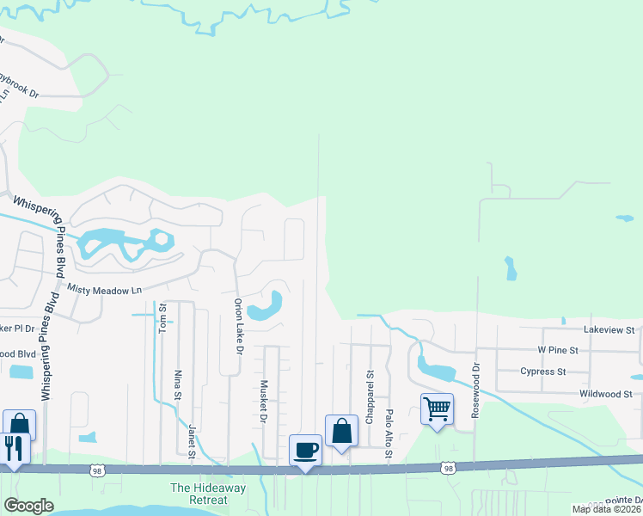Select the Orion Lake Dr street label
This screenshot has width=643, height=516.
[239, 328]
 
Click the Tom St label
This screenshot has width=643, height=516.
[162, 318]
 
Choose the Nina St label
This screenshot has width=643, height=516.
[178, 384]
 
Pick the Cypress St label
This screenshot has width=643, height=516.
[542, 372]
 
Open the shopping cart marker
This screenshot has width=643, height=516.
[437, 408]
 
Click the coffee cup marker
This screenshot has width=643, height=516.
[305, 449]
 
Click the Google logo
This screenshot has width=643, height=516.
[28, 506]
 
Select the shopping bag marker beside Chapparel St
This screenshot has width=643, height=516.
[341, 431]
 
